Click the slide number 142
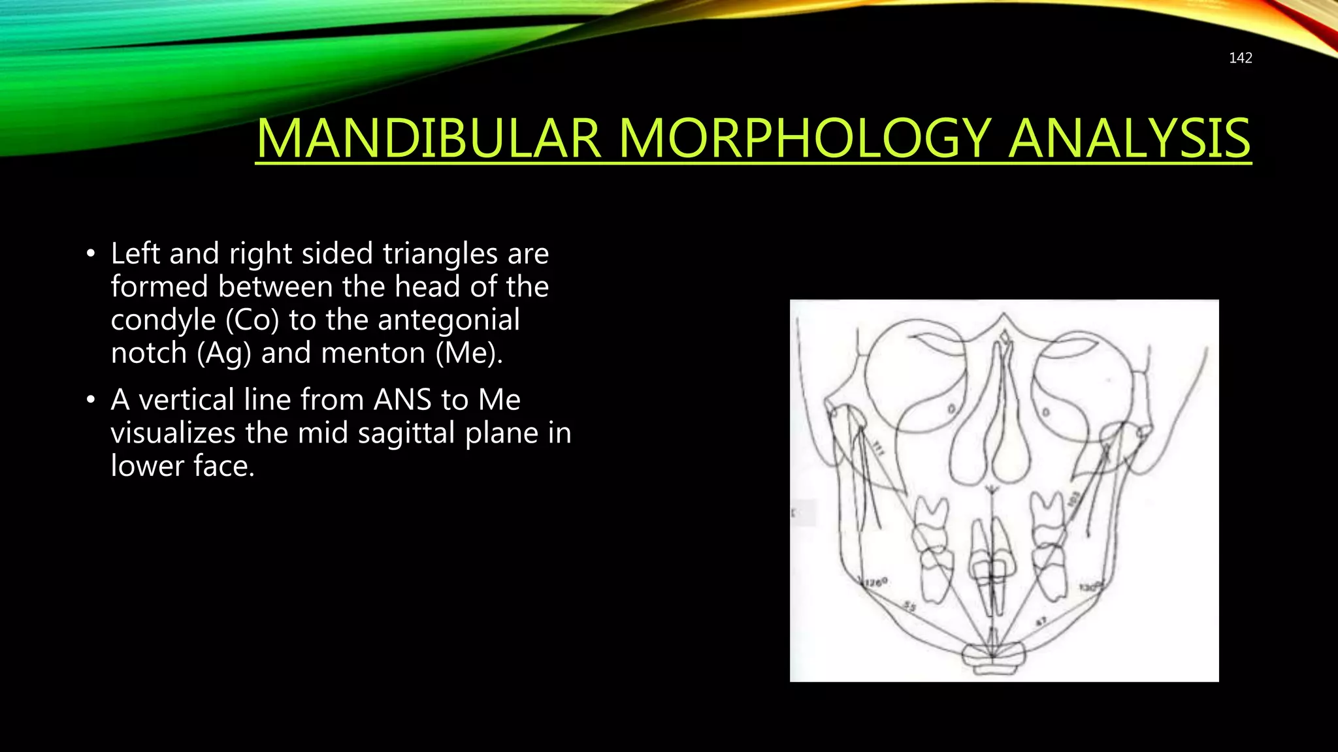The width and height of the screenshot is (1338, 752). [x=1240, y=58]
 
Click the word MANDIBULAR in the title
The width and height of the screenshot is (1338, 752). [x=428, y=138]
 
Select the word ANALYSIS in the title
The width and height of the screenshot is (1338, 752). [x=1129, y=138]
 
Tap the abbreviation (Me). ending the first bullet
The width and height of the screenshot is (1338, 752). [x=469, y=353]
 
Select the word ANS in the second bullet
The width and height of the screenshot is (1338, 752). [x=402, y=399]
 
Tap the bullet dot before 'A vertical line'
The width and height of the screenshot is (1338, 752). [x=91, y=399]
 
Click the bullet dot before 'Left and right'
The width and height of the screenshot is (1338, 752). [x=91, y=253]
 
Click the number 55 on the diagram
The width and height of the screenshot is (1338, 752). [x=909, y=607]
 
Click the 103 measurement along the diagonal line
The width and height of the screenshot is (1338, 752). [x=1074, y=499]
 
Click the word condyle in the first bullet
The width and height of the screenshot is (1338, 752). [x=163, y=320]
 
